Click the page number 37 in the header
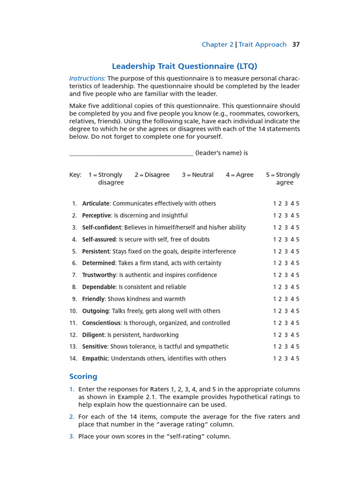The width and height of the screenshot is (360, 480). (x=296, y=45)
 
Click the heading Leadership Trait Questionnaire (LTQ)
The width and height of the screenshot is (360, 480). (x=184, y=66)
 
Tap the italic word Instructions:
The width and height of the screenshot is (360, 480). (x=87, y=78)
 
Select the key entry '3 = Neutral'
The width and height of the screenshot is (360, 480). (x=197, y=175)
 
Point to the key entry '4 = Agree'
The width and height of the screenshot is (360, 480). (x=240, y=175)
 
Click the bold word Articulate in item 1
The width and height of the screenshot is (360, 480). (x=96, y=203)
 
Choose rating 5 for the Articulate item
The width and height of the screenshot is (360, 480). (x=298, y=203)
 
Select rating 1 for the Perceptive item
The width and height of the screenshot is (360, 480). (x=275, y=216)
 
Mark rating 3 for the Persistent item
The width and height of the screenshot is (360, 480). (x=286, y=251)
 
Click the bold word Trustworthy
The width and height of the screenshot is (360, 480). (x=99, y=275)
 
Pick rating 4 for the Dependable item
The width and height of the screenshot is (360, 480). (x=292, y=287)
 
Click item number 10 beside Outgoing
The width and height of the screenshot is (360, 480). (x=73, y=311)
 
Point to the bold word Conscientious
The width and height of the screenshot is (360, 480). (x=101, y=323)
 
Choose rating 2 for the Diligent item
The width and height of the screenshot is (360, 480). (x=280, y=335)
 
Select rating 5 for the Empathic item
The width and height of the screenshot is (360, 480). (x=298, y=359)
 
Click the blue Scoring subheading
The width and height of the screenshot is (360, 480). (x=83, y=376)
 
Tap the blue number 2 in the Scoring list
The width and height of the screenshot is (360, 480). (x=72, y=417)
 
